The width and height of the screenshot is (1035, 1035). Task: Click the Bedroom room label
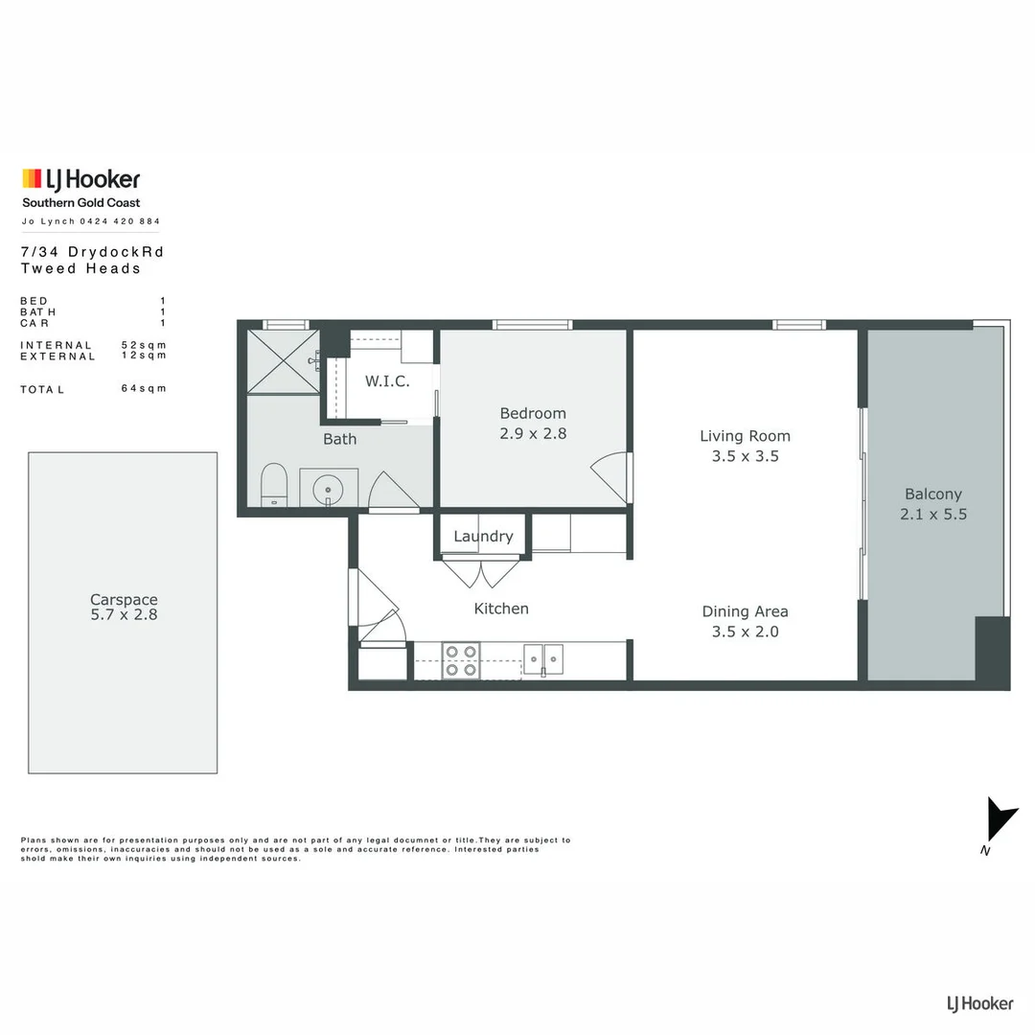click(533, 413)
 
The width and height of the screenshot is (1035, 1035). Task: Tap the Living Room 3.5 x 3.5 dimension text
click(745, 456)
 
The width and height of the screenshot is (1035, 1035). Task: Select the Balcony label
click(932, 494)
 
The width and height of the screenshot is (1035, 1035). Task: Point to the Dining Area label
click(745, 611)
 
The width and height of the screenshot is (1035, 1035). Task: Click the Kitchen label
click(501, 609)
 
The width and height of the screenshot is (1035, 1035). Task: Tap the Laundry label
click(483, 537)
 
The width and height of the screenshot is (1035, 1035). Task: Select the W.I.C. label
click(387, 380)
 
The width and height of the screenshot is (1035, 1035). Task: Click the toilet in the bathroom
click(274, 485)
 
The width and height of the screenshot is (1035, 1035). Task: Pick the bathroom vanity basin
click(329, 487)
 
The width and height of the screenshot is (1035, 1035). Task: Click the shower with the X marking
click(283, 361)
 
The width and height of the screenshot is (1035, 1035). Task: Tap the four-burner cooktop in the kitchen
click(460, 660)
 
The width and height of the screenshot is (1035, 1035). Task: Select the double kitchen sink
click(543, 658)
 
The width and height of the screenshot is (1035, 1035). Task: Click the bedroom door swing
click(611, 476)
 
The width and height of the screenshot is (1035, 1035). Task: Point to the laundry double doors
click(481, 572)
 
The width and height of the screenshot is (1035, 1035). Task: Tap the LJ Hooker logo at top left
click(81, 179)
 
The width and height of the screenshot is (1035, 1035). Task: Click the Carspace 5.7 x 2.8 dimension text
click(124, 614)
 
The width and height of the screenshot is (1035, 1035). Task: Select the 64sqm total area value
click(144, 388)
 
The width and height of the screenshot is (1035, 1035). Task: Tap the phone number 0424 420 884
click(121, 221)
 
